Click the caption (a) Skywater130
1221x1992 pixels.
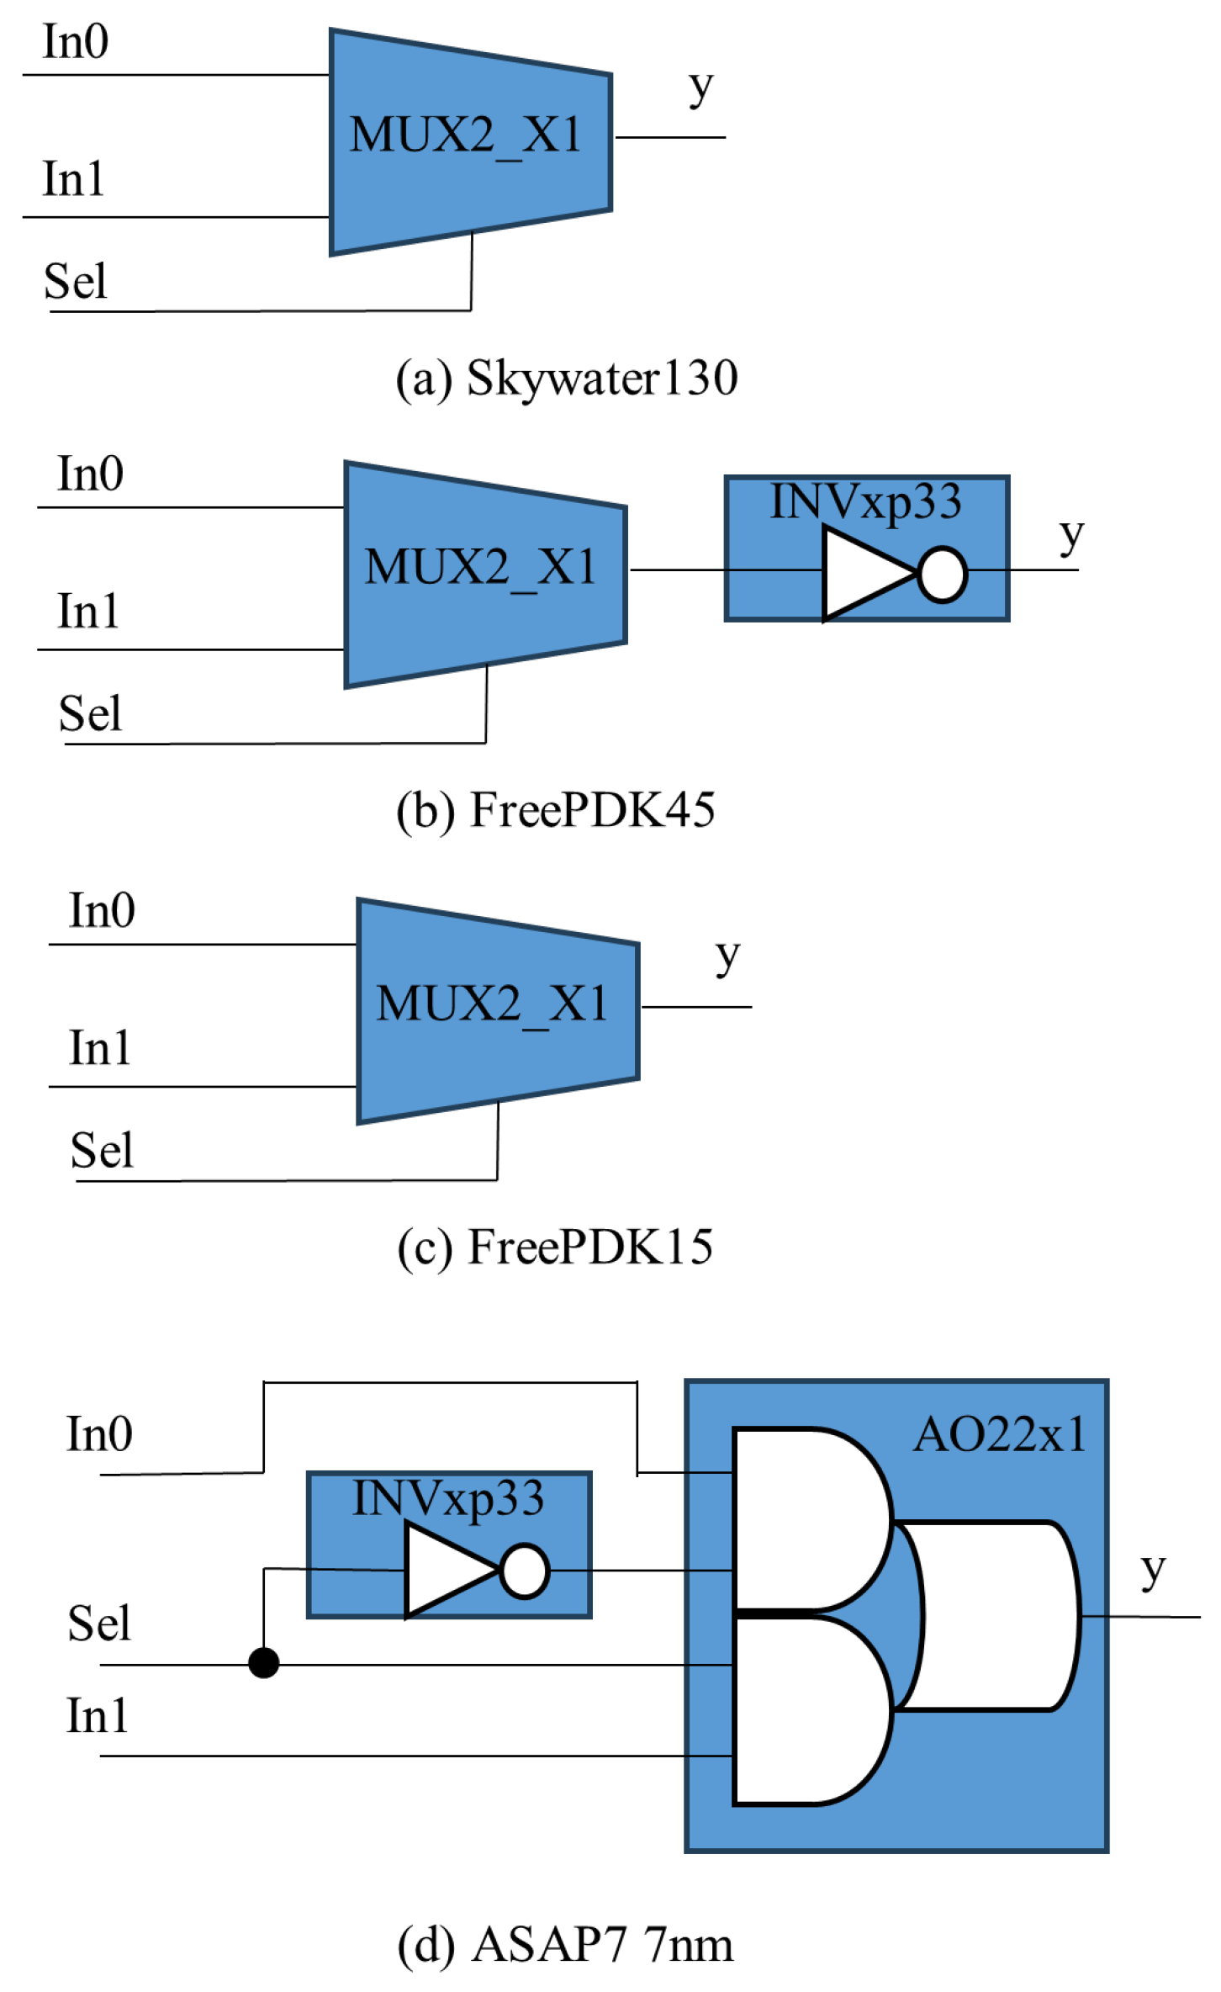click(x=567, y=379)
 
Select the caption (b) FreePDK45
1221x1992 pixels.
click(x=556, y=810)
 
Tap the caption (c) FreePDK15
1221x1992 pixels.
click(x=555, y=1247)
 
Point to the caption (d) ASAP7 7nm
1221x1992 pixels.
click(x=565, y=1944)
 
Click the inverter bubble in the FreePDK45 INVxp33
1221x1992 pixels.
click(x=942, y=575)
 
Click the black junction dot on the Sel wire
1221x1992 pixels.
click(x=263, y=1663)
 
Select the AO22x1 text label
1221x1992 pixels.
click(x=999, y=1435)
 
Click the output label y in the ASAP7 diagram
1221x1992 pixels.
click(x=1153, y=1570)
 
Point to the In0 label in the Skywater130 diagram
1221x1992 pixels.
click(x=76, y=42)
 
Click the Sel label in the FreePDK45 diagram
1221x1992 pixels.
click(x=90, y=713)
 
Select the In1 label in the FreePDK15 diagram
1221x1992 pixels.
click(x=99, y=1048)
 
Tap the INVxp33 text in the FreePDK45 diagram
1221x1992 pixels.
click(x=865, y=502)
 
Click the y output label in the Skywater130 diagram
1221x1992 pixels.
click(x=700, y=87)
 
